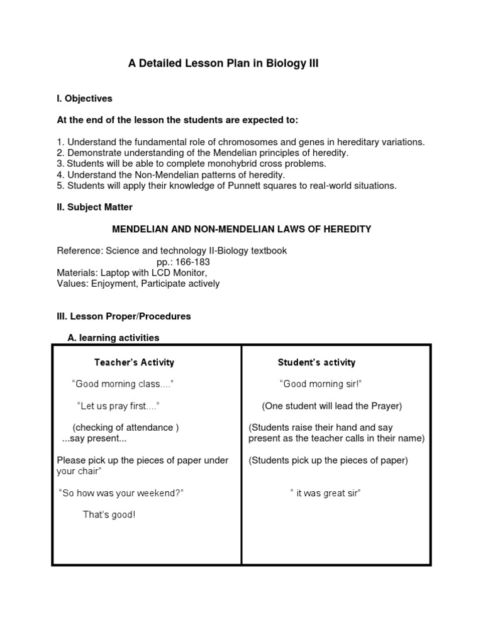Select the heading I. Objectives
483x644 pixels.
(x=84, y=99)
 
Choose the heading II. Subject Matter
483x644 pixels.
(x=95, y=207)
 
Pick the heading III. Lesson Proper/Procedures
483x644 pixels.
(x=124, y=316)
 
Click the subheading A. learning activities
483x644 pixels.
(x=113, y=338)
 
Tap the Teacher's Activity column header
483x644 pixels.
(x=134, y=362)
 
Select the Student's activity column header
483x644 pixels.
(x=316, y=362)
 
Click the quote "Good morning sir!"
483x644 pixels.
(x=320, y=384)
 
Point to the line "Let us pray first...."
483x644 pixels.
(x=118, y=406)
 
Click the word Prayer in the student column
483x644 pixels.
(x=384, y=406)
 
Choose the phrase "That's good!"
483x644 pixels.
(x=109, y=515)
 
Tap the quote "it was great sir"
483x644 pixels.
(x=325, y=494)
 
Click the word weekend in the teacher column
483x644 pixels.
(x=160, y=494)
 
